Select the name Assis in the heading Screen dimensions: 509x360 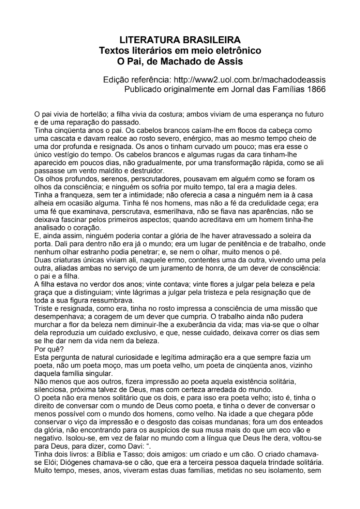click(x=229, y=62)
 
